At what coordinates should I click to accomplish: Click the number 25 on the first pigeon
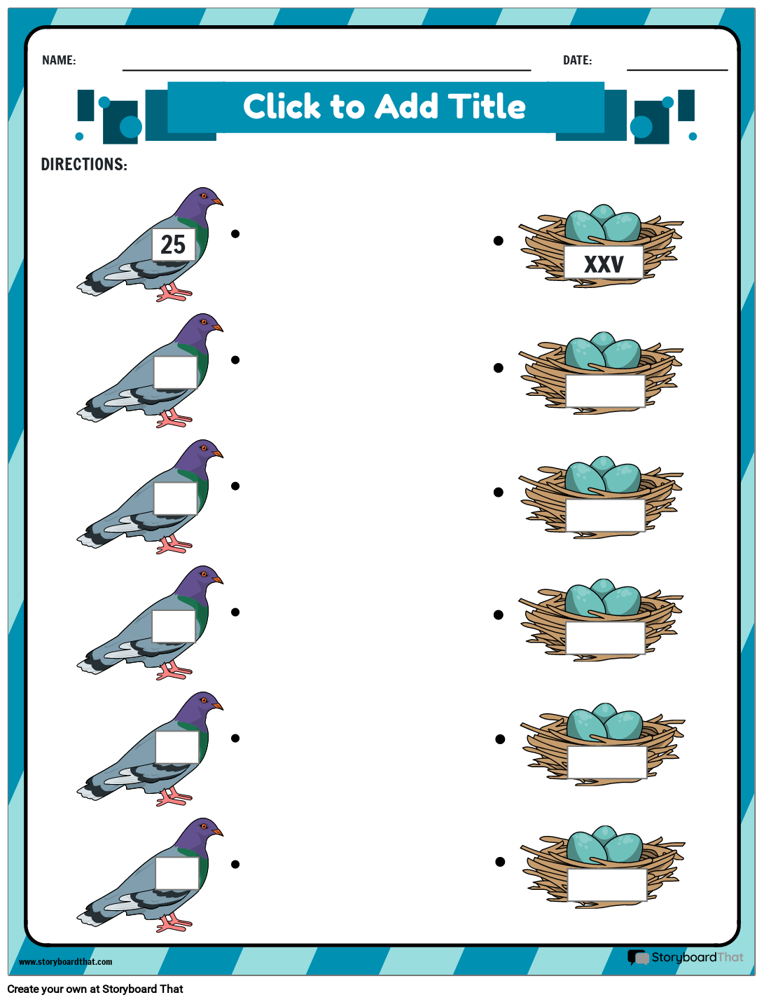[173, 245]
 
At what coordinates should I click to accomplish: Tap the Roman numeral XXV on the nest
[604, 264]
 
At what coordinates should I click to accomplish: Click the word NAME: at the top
[59, 60]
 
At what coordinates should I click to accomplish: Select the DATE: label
[577, 60]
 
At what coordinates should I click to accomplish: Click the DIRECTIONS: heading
[84, 165]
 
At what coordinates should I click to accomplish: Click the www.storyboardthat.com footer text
[65, 961]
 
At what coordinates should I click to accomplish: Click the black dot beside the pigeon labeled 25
[235, 234]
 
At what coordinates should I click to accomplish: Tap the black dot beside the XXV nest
[499, 241]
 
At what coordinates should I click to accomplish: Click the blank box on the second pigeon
[175, 372]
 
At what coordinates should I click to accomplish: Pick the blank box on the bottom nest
[606, 885]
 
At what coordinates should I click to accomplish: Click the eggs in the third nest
[602, 476]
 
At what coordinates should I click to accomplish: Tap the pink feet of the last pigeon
[172, 923]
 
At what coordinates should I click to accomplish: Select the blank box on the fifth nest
[606, 762]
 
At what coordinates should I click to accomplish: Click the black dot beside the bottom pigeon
[235, 865]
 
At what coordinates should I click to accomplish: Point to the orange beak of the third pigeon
[218, 454]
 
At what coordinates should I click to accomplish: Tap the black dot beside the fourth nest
[499, 615]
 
